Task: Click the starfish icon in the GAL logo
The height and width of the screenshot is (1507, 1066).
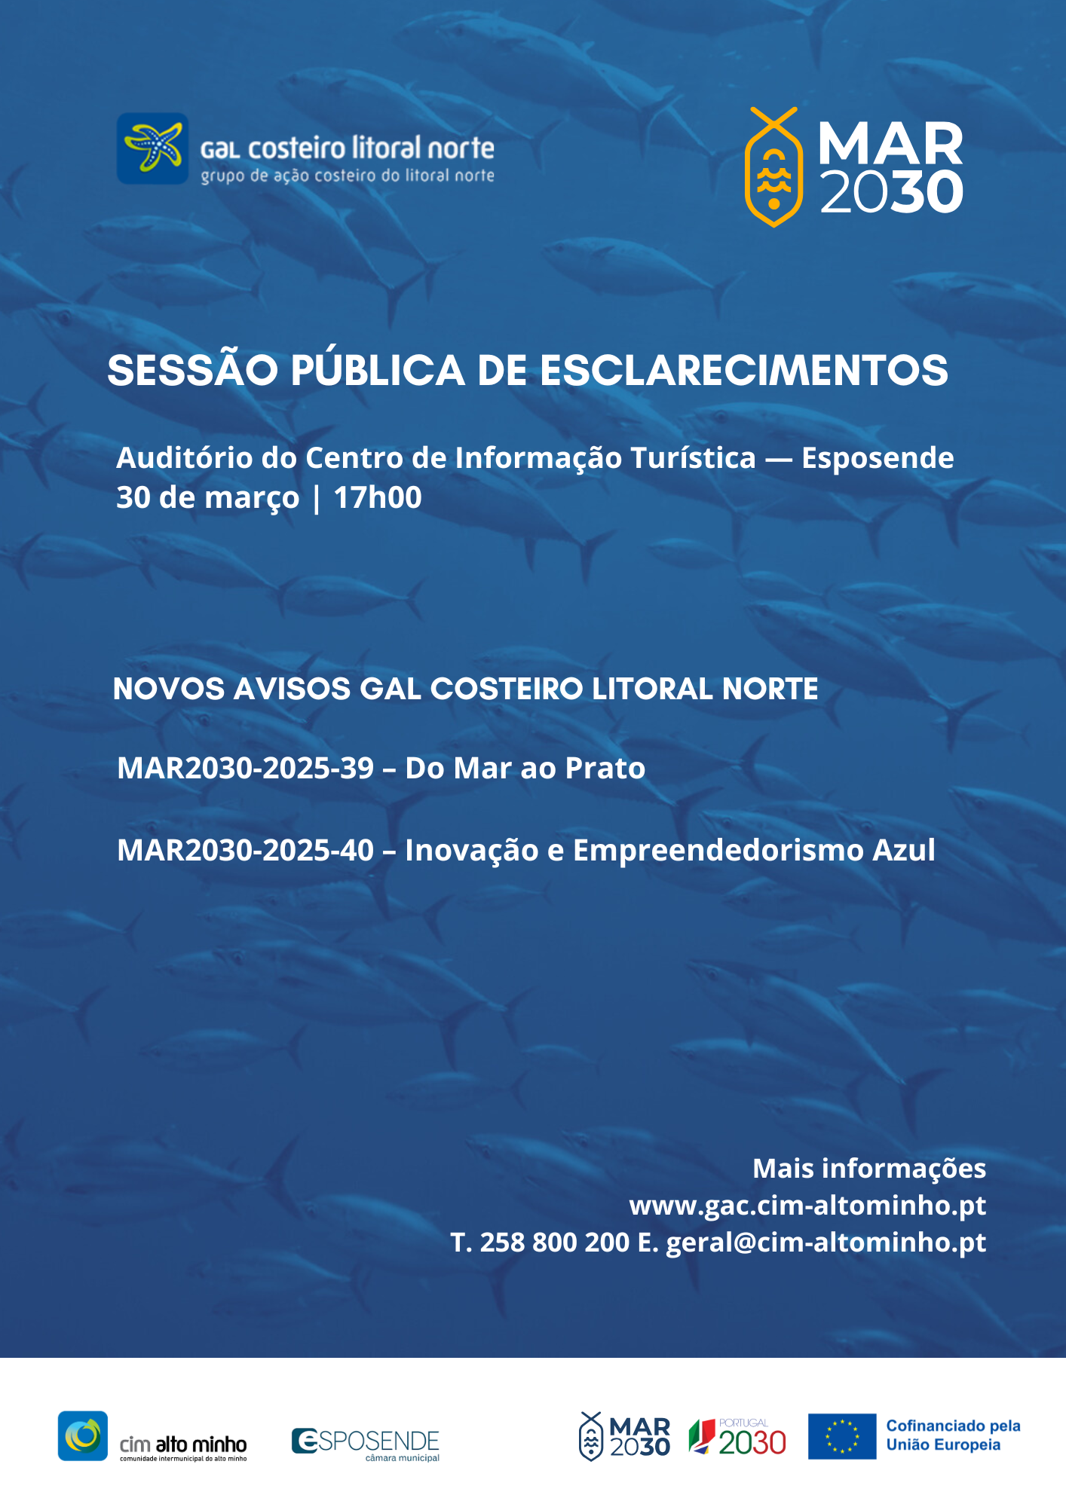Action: coord(153,148)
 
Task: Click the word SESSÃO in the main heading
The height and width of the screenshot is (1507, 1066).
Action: coord(193,371)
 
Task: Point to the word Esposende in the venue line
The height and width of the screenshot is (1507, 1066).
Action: coord(878,458)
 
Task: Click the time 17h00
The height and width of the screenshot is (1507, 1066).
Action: coord(378,498)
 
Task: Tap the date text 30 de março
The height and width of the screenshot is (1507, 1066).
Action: coord(207,498)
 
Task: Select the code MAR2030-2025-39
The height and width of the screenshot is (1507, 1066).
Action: coord(246,769)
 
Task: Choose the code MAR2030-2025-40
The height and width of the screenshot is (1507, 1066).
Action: coord(246,851)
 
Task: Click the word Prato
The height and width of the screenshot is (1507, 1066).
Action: coord(605,769)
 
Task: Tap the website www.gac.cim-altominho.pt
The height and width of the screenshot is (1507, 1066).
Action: coord(807,1206)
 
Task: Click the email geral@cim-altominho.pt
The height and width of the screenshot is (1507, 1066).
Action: coord(826,1243)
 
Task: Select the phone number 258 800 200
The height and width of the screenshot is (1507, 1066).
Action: coord(554,1243)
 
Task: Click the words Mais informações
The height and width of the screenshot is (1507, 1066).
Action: coord(869,1169)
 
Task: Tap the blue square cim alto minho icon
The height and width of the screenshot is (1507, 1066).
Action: coord(83,1436)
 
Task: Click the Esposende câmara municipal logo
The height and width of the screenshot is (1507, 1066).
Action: coord(366,1443)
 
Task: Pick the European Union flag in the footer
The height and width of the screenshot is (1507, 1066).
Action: coord(842,1436)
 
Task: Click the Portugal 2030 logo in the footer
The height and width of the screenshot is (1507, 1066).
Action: coord(737,1438)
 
